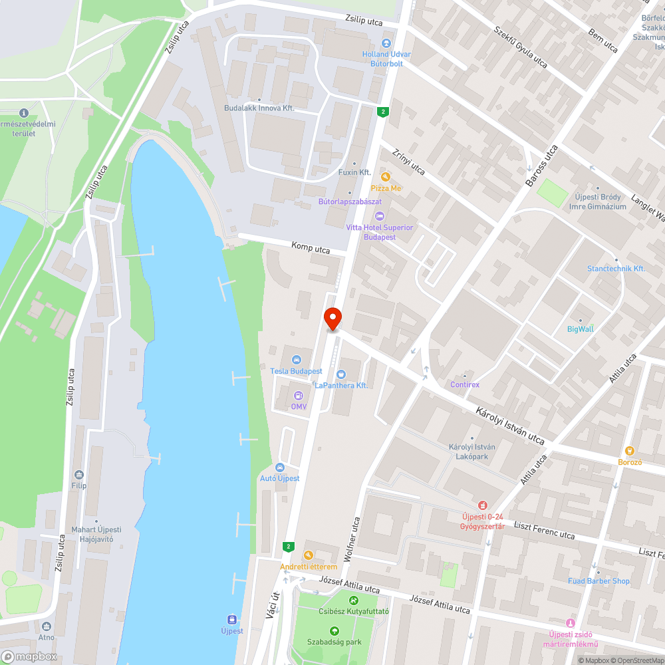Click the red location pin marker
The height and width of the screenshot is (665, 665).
(x=332, y=319)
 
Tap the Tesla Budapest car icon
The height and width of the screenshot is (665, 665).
(x=296, y=360)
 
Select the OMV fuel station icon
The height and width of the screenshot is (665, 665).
(x=299, y=395)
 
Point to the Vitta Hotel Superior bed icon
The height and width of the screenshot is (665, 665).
(x=380, y=216)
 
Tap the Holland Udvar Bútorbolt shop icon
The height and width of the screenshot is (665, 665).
(x=386, y=43)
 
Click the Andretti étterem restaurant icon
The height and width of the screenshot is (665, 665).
(x=308, y=555)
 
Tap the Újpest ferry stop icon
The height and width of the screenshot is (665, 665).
(x=232, y=618)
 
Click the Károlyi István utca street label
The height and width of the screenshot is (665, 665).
(x=510, y=426)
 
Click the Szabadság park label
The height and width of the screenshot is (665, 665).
(x=334, y=642)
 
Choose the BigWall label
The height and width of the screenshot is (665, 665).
(x=580, y=329)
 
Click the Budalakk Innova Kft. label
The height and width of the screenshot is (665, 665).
(x=259, y=108)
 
